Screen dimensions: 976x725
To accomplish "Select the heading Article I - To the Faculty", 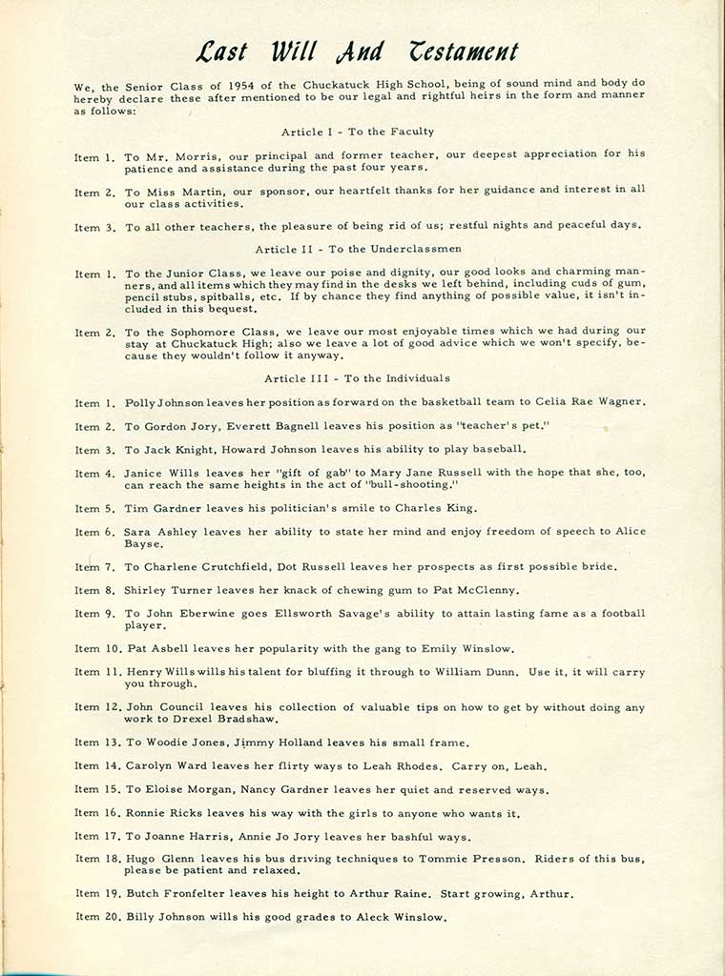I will pyautogui.click(x=358, y=132).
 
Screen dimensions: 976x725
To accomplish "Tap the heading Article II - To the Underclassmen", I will pyautogui.click(x=357, y=249).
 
